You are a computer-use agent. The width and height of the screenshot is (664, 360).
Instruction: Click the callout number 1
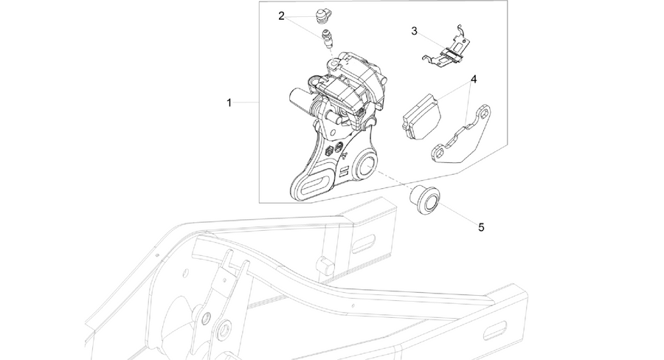[229, 103]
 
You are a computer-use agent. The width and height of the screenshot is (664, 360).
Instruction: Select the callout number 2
[282, 16]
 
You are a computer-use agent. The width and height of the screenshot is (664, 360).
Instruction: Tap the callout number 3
[414, 31]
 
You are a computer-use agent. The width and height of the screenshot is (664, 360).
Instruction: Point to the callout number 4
[474, 79]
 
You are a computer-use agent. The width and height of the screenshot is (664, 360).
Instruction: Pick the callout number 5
[481, 227]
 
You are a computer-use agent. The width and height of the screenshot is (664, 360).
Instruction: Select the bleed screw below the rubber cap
[328, 38]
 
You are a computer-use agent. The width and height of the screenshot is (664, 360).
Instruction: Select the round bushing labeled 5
[424, 199]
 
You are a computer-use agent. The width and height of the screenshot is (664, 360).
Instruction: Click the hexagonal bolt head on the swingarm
[325, 264]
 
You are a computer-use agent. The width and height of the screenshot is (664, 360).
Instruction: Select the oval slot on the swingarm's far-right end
[495, 330]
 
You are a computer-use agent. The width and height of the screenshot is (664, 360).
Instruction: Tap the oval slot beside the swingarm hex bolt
[363, 245]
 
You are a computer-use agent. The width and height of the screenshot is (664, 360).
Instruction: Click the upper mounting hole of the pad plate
[483, 113]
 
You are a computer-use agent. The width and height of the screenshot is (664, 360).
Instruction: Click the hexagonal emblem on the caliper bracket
[329, 150]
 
